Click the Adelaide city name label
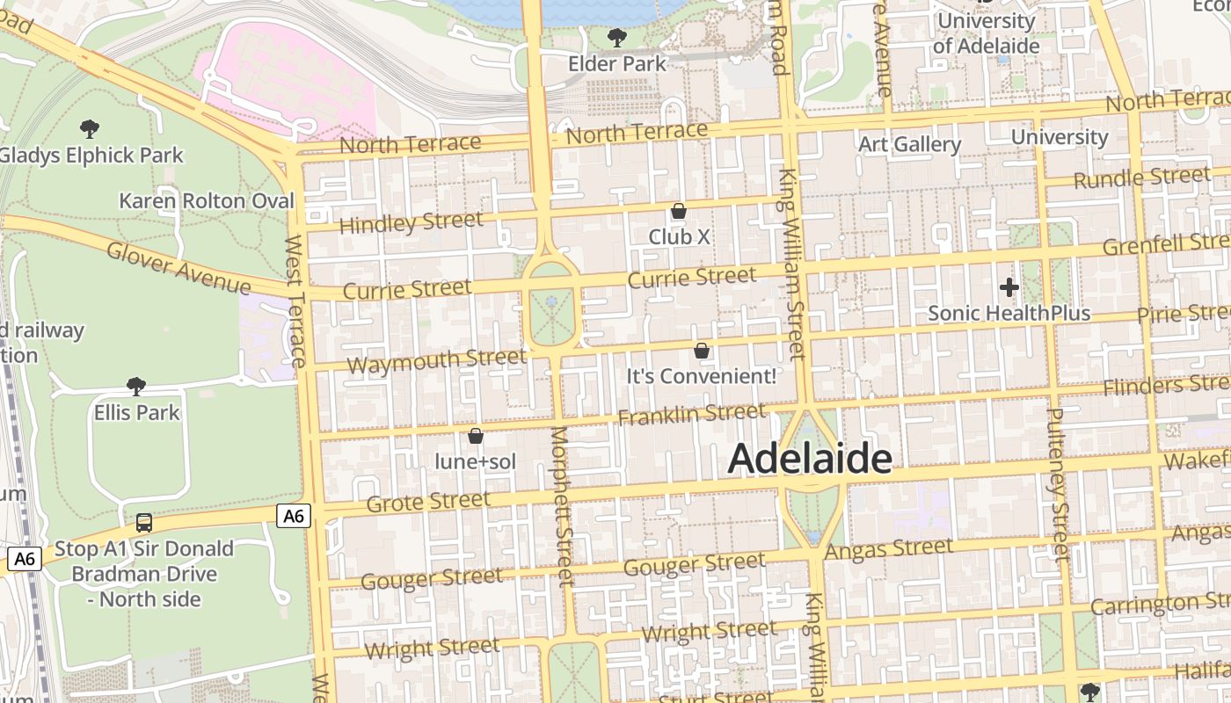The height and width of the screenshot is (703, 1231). pos(810,459)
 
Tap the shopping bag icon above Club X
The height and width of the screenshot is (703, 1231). pos(679,211)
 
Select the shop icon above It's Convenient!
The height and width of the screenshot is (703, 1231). pos(702,351)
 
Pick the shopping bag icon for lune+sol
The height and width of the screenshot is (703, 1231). pos(476,435)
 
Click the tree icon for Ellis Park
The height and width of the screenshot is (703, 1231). pos(136,386)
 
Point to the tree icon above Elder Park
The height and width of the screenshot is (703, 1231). pos(617,37)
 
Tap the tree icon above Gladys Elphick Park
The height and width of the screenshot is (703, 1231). pos(89,129)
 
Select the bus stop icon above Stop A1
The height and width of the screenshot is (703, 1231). pos(144,523)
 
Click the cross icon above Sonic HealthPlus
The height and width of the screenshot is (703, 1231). pos(1009,286)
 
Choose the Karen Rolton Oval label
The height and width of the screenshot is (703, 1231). pos(207,201)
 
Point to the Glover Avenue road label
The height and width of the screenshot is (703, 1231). pos(178,267)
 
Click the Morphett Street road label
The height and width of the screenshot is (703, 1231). pos(562,505)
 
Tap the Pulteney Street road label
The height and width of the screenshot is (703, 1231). pos(1058,483)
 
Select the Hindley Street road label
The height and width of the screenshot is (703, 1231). pos(411,222)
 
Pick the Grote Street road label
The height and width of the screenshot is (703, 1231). pos(428,502)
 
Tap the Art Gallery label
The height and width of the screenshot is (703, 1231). pos(909,144)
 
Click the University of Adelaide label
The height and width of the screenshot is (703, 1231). pos(987,33)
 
